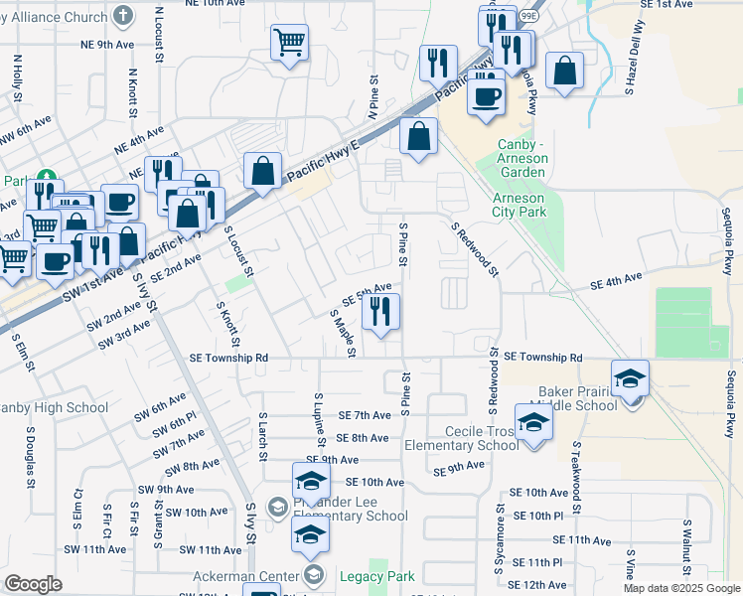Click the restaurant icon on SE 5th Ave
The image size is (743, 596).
coord(380,312)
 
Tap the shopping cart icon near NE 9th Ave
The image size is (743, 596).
coord(289,43)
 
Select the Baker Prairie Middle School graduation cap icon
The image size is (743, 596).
coord(630,379)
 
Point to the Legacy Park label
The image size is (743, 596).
coord(376,576)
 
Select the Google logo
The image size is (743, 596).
coord(33,584)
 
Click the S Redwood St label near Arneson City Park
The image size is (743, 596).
coord(474,248)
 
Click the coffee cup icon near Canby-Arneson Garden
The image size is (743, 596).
coord(486,96)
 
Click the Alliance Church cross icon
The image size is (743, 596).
coord(122,16)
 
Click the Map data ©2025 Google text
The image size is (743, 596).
coord(680,588)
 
